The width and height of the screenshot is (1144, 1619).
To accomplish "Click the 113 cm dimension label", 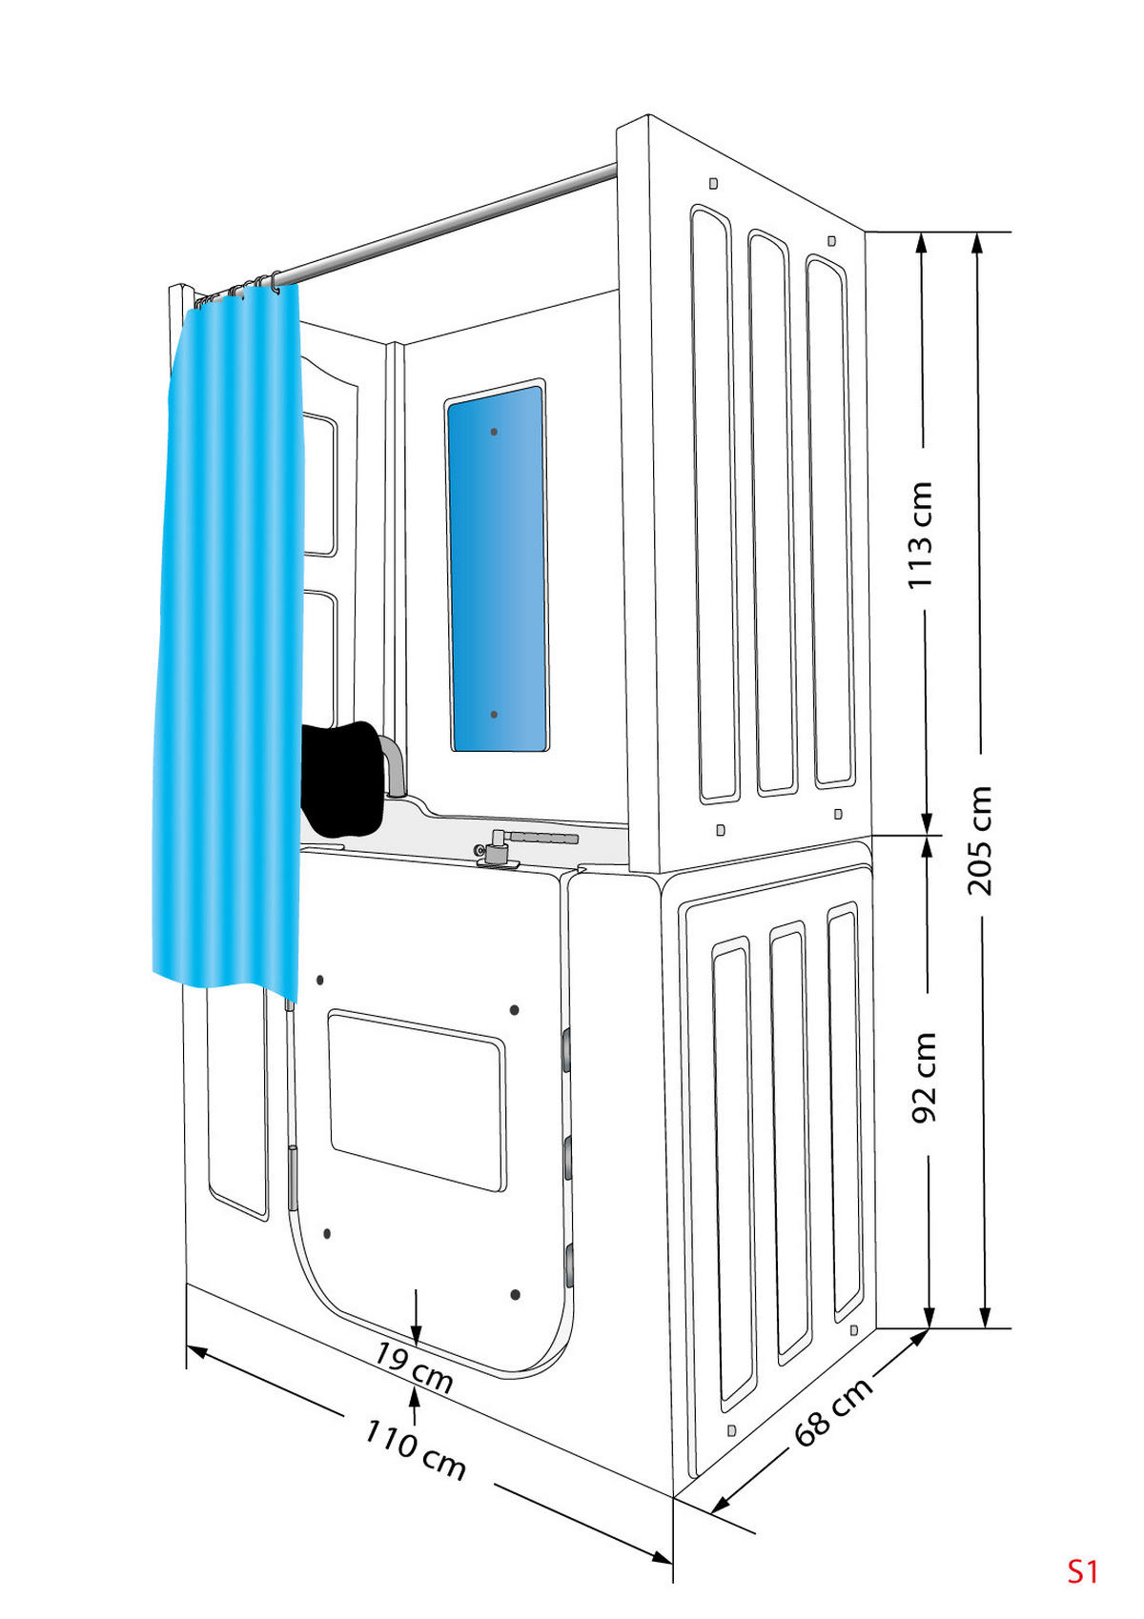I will (x=919, y=535).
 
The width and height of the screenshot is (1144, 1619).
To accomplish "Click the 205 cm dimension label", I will (x=979, y=840).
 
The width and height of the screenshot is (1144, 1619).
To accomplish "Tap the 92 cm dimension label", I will (x=924, y=1078).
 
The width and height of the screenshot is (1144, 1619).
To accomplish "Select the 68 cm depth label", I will (x=832, y=1412).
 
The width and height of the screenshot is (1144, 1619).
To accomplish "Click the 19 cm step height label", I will (x=413, y=1366).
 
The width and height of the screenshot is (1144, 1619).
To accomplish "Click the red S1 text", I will (x=1082, y=1571).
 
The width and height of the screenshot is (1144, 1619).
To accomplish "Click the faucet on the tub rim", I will (x=497, y=846).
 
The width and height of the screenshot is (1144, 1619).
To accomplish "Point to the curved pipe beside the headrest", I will (x=394, y=762).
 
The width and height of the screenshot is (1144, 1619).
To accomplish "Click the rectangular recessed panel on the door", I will (x=417, y=1100).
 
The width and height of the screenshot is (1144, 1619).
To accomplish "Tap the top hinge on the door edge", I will (x=567, y=1052).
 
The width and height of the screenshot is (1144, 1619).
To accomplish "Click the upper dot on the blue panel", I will (x=494, y=432).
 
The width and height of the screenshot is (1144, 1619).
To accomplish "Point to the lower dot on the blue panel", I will (x=494, y=714).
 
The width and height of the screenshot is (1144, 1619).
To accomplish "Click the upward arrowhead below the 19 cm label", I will (x=414, y=1393).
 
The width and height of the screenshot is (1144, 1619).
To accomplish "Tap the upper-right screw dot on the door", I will (x=514, y=1009).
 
